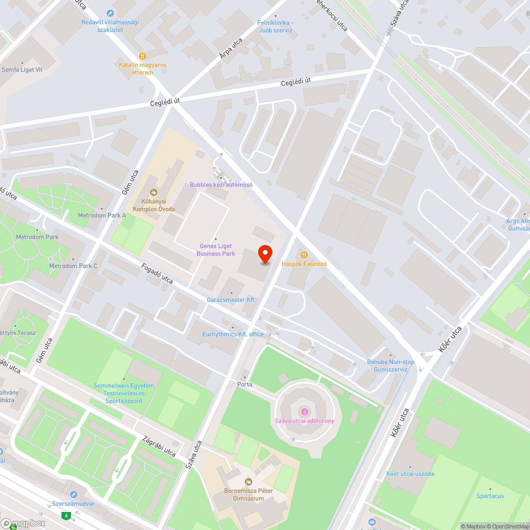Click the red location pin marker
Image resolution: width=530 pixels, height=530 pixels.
click(265, 254)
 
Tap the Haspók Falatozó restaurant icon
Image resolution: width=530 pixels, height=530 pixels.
click(304, 255)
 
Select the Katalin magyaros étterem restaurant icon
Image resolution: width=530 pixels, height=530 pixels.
click(142, 56)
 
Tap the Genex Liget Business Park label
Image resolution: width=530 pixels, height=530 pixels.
click(216, 250)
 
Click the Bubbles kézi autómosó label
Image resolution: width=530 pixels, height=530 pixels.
click(221, 184)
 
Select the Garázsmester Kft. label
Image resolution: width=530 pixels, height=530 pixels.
click(232, 300)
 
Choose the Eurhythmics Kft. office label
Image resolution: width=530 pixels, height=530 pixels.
click(233, 334)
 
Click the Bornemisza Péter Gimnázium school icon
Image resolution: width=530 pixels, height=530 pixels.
click(248, 482)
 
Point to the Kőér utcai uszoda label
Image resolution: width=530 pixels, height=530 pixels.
click(410, 473)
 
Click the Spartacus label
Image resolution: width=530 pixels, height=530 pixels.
click(490, 496)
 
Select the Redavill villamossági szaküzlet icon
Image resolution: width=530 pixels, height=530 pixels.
click(110, 13)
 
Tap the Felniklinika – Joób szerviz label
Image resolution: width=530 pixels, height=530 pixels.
click(276, 26)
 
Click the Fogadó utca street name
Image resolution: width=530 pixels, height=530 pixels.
click(157, 273)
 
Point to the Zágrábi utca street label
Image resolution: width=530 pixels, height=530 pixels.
click(159, 446)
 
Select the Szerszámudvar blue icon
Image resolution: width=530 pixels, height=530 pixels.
click(73, 494)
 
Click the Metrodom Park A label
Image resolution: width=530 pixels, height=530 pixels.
click(102, 216)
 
